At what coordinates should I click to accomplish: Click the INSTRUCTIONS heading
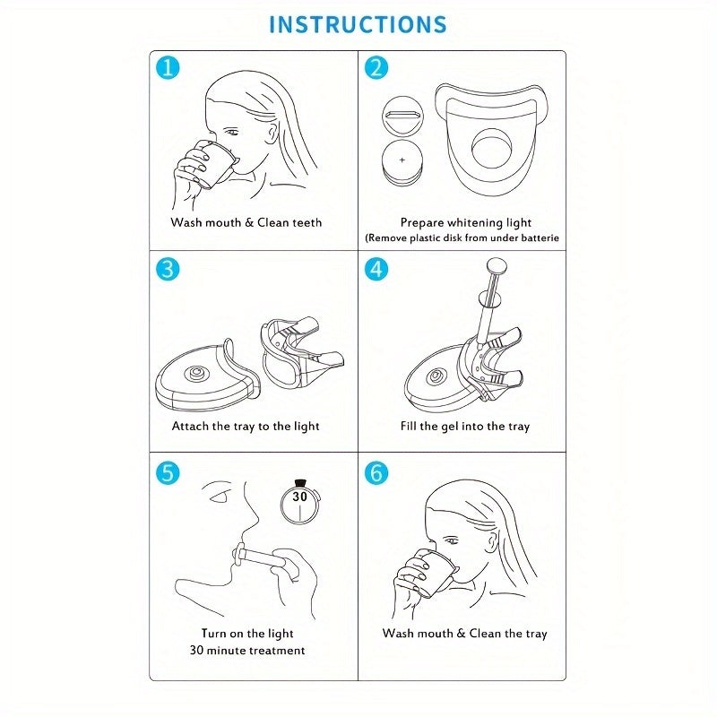coord(358,25)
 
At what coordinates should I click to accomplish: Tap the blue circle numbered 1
coord(168,68)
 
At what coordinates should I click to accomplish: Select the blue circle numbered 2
coord(376,68)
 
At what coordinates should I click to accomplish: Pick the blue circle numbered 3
coord(168,269)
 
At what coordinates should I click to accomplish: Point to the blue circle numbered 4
coord(376,269)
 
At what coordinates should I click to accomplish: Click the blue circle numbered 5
coord(168,473)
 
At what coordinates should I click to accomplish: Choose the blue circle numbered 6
coord(376,473)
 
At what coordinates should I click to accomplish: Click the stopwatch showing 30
coord(300,502)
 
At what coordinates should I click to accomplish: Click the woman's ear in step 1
coord(273,132)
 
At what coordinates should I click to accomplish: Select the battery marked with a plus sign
coord(402,162)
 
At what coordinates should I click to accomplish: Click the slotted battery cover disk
coord(402,117)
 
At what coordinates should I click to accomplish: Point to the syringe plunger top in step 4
coord(497,264)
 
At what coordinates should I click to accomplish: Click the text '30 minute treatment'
coord(247,651)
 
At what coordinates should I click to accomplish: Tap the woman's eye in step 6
coord(452,541)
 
